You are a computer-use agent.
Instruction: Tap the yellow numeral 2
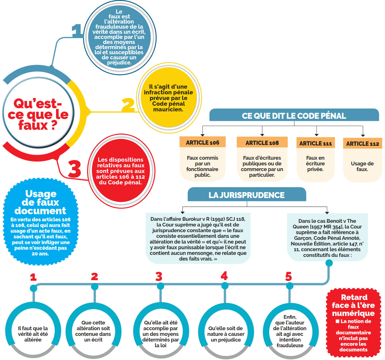(128, 105)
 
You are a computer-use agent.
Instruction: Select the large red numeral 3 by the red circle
(74, 169)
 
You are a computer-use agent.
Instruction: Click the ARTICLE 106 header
(202, 142)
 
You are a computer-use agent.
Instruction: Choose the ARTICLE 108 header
(262, 143)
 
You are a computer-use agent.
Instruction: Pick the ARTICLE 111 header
(316, 143)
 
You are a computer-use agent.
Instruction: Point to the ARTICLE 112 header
(362, 144)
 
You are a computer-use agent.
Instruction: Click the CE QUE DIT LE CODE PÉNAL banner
(294, 116)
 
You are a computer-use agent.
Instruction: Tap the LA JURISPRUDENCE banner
(247, 195)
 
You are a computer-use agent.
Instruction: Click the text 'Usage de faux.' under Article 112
(362, 166)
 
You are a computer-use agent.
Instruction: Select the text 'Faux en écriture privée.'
(315, 163)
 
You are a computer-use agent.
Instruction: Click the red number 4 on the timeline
(224, 276)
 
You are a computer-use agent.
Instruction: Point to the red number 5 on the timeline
(288, 276)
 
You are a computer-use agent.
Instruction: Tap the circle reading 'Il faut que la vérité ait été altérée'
(33, 334)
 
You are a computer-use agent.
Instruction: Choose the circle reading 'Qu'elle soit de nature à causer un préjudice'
(226, 334)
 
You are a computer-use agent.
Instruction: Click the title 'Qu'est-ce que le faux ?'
(38, 114)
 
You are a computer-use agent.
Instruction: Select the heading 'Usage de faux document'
(41, 202)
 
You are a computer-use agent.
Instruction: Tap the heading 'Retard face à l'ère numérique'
(353, 305)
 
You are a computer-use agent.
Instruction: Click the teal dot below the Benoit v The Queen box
(329, 263)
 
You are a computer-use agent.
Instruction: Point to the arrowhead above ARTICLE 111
(316, 135)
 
